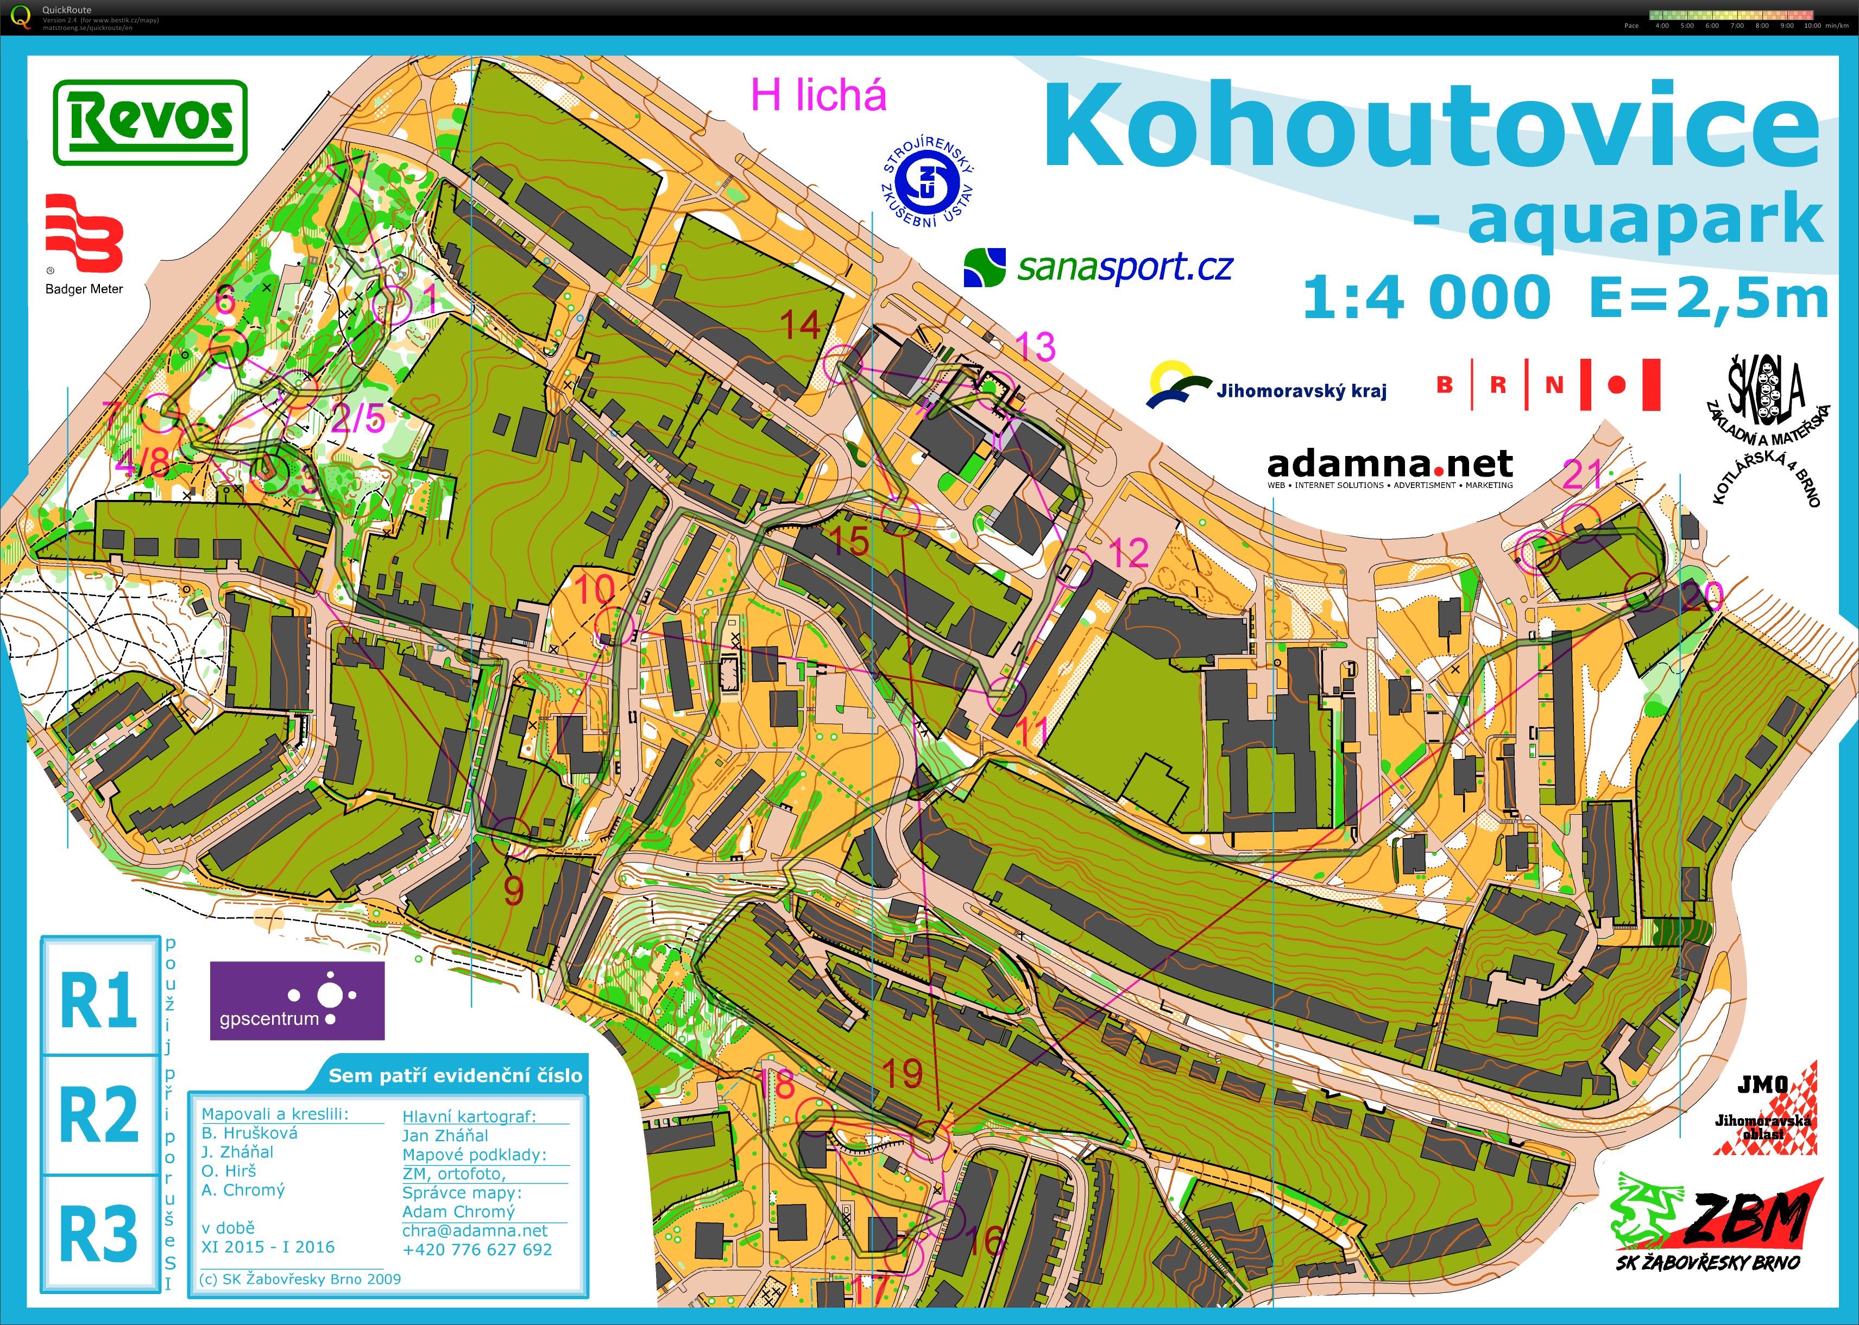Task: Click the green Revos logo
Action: coord(149,122)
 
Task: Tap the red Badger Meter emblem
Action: coord(84,232)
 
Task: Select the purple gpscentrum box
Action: coord(297,1000)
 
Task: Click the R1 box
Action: coord(99,997)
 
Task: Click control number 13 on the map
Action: coord(1036,347)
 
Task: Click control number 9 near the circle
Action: coord(513,891)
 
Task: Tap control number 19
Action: coord(903,1074)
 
